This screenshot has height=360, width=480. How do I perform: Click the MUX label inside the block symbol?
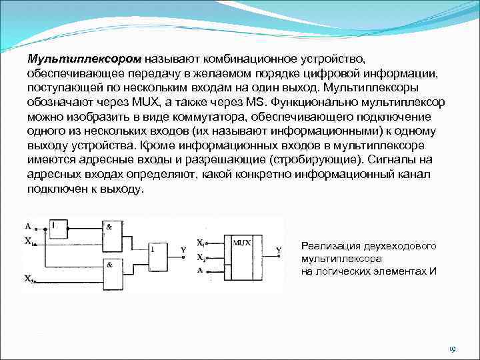242,243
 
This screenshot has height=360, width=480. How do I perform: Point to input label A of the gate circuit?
27,225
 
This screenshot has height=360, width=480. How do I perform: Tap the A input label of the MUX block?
200,270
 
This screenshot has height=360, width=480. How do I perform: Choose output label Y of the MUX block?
279,250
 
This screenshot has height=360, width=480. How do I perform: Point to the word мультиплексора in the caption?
341,258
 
